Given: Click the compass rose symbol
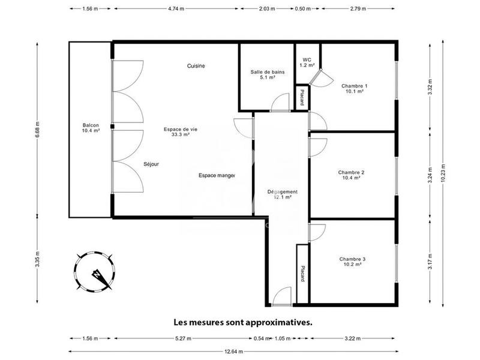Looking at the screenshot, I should pyautogui.click(x=94, y=271).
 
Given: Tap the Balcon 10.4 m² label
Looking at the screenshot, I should pyautogui.click(x=91, y=128).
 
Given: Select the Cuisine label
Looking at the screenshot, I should pyautogui.click(x=196, y=66).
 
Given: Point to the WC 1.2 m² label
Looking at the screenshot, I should pyautogui.click(x=307, y=62).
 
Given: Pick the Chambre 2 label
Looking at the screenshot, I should pyautogui.click(x=352, y=175).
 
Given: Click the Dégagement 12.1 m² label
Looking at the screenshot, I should pyautogui.click(x=282, y=194).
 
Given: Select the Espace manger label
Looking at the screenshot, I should pyautogui.click(x=217, y=176).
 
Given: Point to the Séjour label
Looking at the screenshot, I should pyautogui.click(x=151, y=164).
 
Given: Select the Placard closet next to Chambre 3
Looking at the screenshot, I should pyautogui.click(x=302, y=274).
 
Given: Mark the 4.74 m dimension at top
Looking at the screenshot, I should pyautogui.click(x=176, y=9).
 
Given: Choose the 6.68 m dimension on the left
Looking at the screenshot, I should pyautogui.click(x=37, y=128).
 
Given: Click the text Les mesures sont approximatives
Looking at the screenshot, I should pyautogui.click(x=243, y=322).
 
